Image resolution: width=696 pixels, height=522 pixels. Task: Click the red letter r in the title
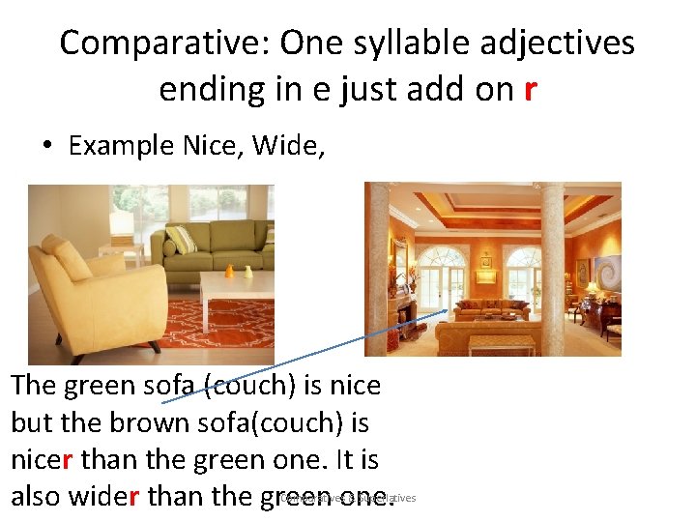click(x=529, y=89)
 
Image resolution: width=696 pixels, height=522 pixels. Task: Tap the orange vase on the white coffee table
click(x=229, y=270)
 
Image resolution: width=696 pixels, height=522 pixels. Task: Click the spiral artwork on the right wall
click(x=608, y=275)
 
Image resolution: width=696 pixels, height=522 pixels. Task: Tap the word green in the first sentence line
click(x=100, y=386)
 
